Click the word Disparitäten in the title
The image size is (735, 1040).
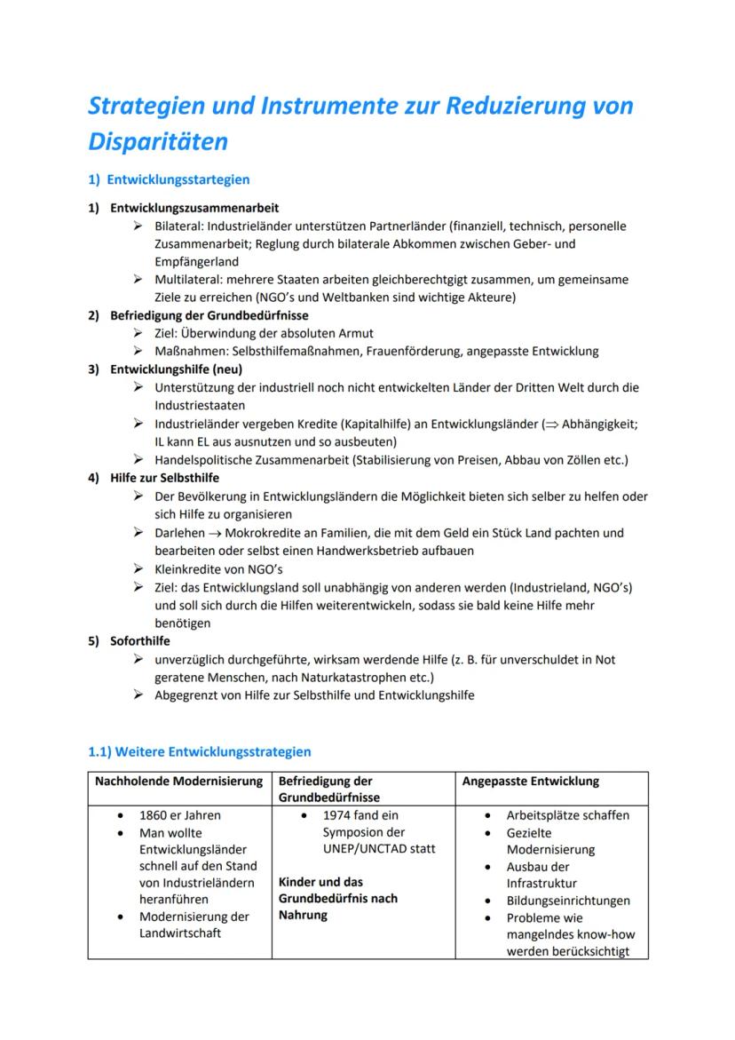pyautogui.click(x=158, y=141)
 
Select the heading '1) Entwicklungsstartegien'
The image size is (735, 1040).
pyautogui.click(x=169, y=179)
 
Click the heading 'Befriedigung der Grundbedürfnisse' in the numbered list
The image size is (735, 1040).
pyautogui.click(x=209, y=315)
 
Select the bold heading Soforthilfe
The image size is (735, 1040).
pyautogui.click(x=140, y=641)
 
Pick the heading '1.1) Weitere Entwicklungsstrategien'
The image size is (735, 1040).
pyautogui.click(x=200, y=751)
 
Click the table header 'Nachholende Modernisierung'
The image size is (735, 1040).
pyautogui.click(x=179, y=782)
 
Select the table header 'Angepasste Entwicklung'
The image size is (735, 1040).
pyautogui.click(x=531, y=782)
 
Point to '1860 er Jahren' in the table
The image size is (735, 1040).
pyautogui.click(x=180, y=815)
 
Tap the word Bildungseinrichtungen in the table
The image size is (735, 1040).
pyautogui.click(x=569, y=901)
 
